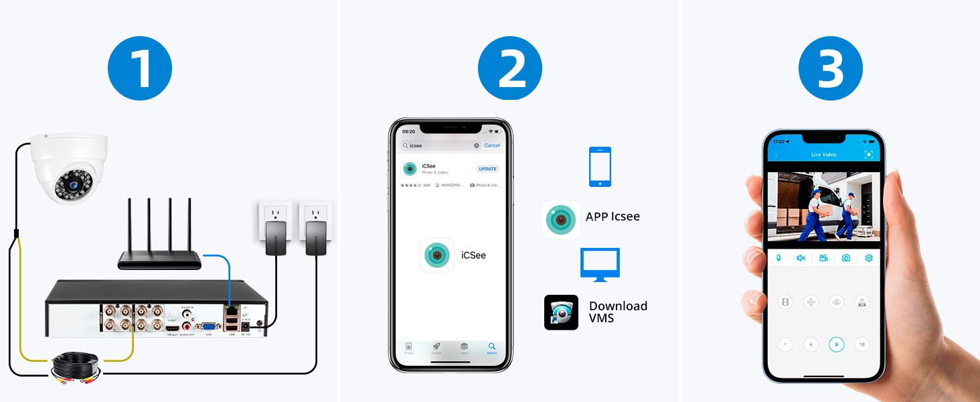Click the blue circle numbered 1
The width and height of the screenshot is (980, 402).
[140, 68]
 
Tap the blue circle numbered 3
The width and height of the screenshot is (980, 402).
[831, 68]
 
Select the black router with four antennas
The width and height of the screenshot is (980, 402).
[160, 259]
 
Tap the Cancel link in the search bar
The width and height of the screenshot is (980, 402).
[492, 145]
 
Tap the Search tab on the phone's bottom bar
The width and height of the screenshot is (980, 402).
[492, 348]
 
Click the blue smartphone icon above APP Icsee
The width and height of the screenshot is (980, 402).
[600, 167]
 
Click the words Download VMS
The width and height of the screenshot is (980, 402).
[618, 312]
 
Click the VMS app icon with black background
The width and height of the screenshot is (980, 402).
[561, 312]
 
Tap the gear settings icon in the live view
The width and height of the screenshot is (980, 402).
[869, 258]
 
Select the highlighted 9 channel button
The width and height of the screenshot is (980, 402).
[836, 344]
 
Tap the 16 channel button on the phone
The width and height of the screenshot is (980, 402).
[862, 344]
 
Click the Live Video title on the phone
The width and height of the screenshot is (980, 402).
[824, 155]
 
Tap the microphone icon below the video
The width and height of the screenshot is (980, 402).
[779, 258]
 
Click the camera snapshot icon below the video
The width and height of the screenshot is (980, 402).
[846, 258]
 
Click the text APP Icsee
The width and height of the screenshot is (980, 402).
[612, 216]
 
